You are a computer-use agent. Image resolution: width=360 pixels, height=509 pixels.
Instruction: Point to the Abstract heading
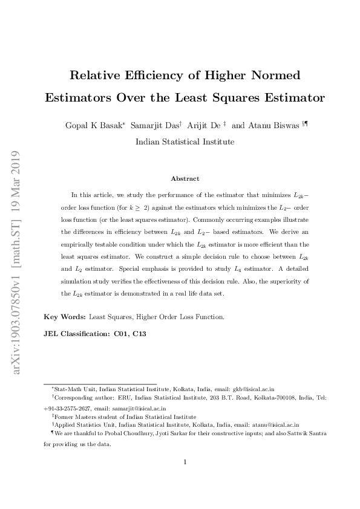coord(185,178)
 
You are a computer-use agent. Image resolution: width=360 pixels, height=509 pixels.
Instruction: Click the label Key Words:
coord(65,316)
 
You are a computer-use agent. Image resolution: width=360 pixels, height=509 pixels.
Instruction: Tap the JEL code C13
coord(139,333)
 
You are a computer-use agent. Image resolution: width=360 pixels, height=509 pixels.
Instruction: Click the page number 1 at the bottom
coord(185,462)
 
